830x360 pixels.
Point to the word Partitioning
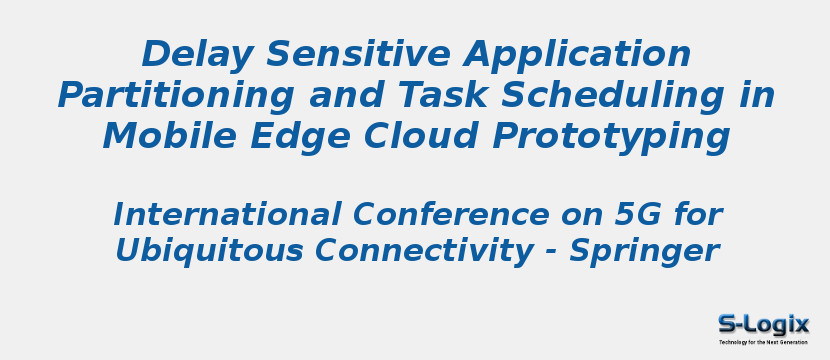[176, 97]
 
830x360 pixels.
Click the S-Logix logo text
[763, 324]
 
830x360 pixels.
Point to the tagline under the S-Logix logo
[763, 342]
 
